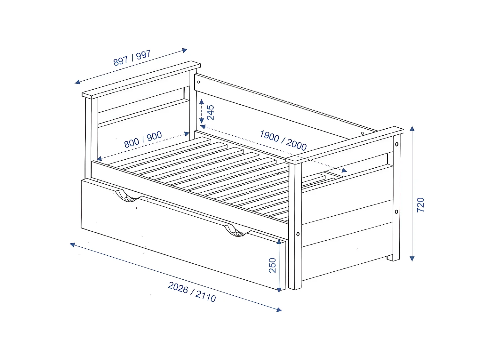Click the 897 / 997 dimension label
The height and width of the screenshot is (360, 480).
(132, 58)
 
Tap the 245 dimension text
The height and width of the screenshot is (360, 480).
(211, 112)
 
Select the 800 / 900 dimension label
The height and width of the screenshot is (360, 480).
(143, 140)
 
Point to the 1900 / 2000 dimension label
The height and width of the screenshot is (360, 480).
(283, 140)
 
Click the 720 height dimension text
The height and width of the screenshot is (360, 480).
(420, 205)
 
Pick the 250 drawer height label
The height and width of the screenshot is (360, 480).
(272, 265)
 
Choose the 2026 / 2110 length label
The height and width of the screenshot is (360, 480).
(192, 292)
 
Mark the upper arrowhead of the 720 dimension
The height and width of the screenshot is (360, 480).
(412, 129)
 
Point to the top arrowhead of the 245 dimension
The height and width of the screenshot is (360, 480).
(202, 102)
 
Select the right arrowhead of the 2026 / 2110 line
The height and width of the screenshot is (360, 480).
(279, 309)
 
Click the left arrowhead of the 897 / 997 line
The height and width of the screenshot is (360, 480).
(77, 82)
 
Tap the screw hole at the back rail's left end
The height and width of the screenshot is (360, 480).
(198, 82)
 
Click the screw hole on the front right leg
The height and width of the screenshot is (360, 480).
(298, 234)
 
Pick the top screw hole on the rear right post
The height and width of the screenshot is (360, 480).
(397, 144)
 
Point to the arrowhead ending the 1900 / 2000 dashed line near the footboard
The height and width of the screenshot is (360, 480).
(344, 170)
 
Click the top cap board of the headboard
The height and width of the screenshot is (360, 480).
(141, 79)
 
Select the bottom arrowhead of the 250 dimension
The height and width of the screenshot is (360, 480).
(279, 290)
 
